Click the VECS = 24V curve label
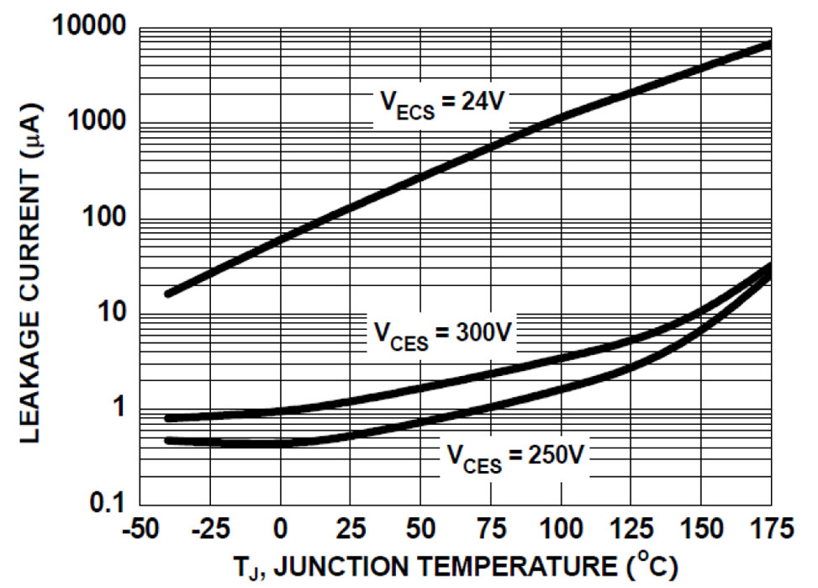pos(441,104)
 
